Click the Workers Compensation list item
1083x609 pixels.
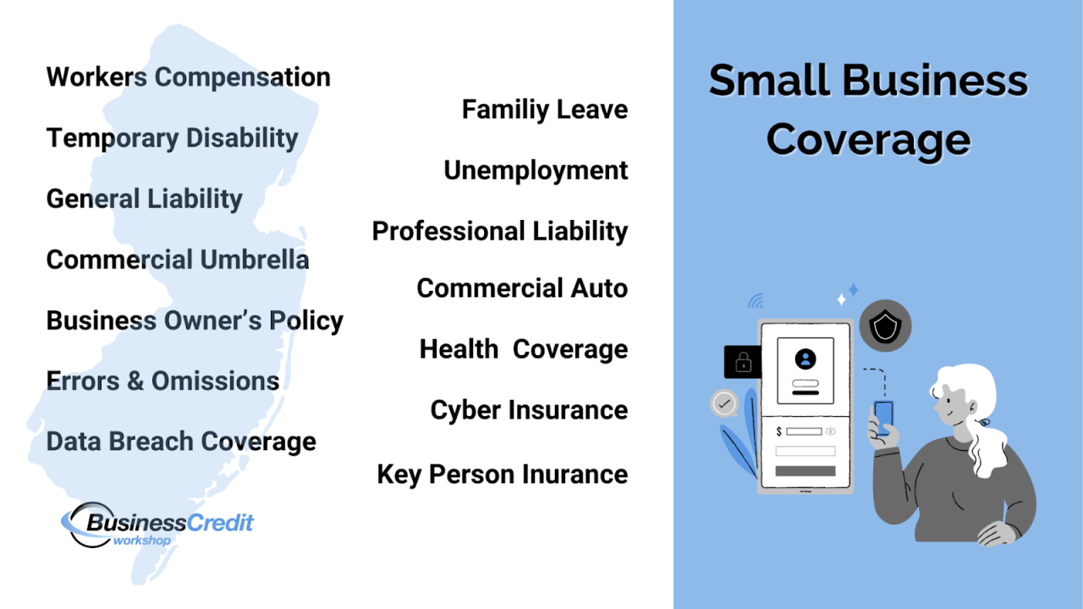188,77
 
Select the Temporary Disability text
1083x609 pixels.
172,138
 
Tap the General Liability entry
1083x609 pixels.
144,199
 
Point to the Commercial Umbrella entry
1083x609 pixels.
177,260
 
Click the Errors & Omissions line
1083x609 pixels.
162,381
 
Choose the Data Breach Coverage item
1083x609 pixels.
181,442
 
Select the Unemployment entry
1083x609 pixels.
536,170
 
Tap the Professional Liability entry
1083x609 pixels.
499,231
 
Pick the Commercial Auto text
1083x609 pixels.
522,288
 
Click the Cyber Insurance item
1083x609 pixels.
529,410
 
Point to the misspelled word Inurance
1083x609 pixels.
574,475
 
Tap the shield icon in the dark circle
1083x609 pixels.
885,327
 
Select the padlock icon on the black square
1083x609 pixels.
743,362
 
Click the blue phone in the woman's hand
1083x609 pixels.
883,417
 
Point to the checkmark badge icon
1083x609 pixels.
723,403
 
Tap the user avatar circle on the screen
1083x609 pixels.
805,359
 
